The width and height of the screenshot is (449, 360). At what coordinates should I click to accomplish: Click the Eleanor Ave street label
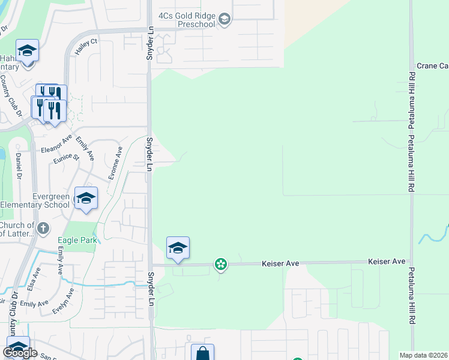click(x=58, y=146)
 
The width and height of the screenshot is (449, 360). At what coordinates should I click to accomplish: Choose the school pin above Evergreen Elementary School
click(x=86, y=199)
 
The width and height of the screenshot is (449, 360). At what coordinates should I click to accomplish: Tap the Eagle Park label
click(x=77, y=241)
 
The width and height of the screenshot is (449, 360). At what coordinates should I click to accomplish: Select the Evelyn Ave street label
click(x=64, y=301)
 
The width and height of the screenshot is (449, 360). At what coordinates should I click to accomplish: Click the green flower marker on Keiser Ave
click(x=221, y=264)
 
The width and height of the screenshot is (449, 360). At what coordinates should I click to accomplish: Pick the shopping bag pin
click(x=202, y=353)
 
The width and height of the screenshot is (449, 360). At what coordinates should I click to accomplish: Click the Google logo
click(x=20, y=353)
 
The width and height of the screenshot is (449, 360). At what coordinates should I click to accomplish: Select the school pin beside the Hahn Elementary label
click(x=28, y=51)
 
